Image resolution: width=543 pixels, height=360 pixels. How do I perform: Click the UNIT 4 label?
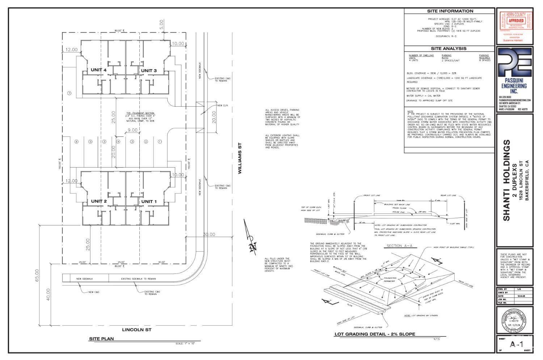click(x=98, y=70)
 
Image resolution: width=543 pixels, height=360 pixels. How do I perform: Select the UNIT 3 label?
click(x=149, y=70)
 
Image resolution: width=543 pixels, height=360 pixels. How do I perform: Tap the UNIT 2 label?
click(x=98, y=201)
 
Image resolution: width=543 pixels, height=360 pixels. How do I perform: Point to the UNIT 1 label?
click(x=149, y=201)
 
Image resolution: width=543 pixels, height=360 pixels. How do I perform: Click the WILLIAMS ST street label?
click(x=240, y=158)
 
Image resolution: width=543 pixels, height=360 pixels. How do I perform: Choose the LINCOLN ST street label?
click(x=136, y=330)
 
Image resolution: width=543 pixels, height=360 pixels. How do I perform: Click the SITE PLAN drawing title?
click(x=101, y=339)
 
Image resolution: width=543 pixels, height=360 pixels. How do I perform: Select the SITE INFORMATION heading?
click(x=450, y=11)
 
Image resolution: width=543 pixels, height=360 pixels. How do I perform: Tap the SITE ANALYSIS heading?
click(x=449, y=48)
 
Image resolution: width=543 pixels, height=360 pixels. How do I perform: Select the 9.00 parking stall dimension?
click(x=132, y=130)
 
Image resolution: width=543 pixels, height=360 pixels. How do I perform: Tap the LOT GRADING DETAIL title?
click(x=375, y=334)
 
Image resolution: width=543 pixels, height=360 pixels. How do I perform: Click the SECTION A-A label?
click(x=397, y=246)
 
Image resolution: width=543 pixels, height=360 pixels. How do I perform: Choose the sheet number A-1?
click(x=514, y=344)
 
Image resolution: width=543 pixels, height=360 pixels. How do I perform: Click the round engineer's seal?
click(x=514, y=320)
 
